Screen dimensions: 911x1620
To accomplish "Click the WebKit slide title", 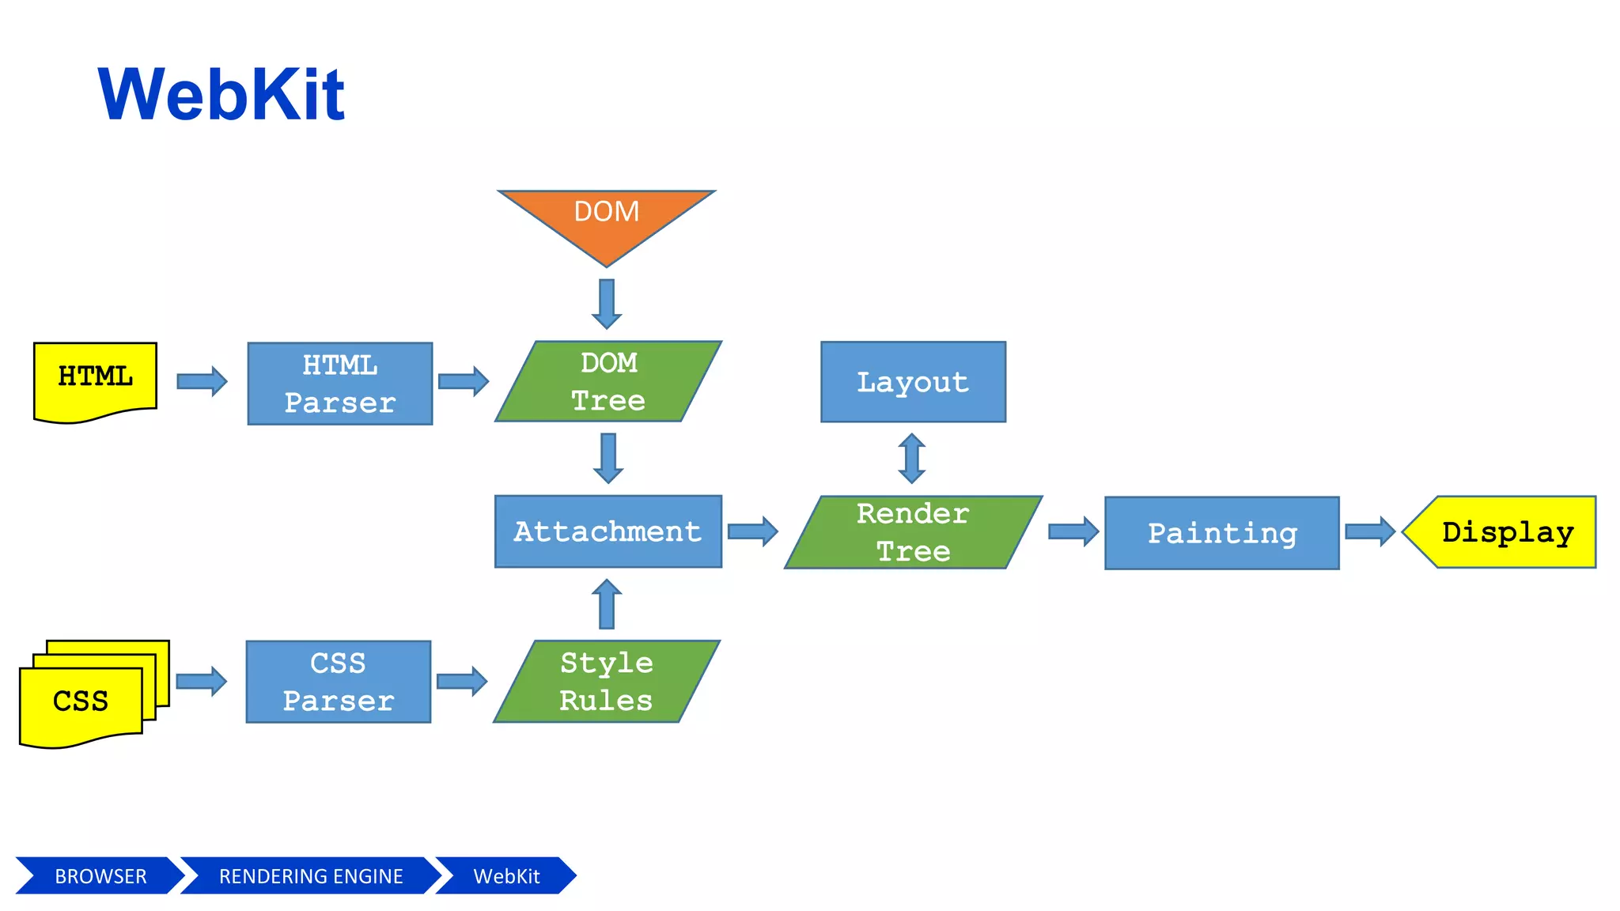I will tap(221, 95).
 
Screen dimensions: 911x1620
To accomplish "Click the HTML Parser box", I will tap(340, 384).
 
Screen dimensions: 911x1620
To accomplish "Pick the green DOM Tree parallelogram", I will tap(608, 382).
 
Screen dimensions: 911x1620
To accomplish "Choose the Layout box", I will tap(913, 382).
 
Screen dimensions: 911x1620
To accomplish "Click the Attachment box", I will tap(607, 531).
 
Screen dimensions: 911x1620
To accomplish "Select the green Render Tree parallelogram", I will tap(913, 532).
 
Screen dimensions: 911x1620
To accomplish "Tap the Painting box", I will tap(1221, 533).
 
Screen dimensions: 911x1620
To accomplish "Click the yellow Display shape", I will tap(1503, 532).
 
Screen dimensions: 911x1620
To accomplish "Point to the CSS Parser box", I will tap(339, 682).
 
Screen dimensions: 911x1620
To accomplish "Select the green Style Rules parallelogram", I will tap(607, 682).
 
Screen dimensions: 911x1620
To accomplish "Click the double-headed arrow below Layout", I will tap(912, 459).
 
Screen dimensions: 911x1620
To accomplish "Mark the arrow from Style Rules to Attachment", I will tap(607, 604).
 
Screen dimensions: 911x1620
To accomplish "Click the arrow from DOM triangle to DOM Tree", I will tap(607, 304).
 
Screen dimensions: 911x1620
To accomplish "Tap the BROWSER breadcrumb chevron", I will tap(100, 876).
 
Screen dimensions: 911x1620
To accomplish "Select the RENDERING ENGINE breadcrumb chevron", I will tap(310, 876).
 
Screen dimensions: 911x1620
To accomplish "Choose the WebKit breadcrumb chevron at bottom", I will tap(506, 876).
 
